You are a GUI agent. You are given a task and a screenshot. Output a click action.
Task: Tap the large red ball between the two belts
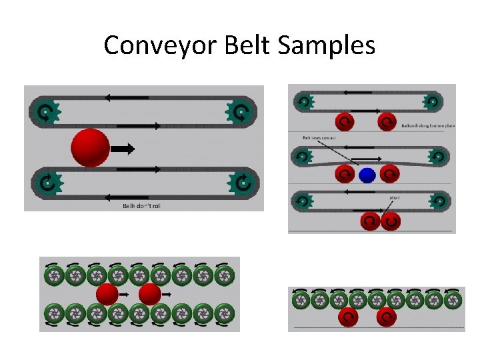tap(90, 148)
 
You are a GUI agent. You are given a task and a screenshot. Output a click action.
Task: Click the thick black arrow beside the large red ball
tap(123, 149)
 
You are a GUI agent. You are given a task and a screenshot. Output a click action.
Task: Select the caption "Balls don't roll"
tap(141, 206)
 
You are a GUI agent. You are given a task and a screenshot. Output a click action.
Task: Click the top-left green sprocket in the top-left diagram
tap(46, 111)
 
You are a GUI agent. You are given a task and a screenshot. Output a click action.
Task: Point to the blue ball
tap(367, 175)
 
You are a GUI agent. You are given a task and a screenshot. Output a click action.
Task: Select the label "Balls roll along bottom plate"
tap(423, 125)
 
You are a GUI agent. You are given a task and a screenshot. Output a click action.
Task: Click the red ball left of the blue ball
tap(344, 174)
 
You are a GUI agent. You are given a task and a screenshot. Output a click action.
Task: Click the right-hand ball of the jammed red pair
tap(391, 221)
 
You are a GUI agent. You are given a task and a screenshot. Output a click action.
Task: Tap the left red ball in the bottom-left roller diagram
tap(107, 293)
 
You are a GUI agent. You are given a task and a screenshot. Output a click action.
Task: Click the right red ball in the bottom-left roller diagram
tap(149, 293)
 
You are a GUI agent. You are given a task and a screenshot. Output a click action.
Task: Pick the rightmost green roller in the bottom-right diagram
tap(453, 301)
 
